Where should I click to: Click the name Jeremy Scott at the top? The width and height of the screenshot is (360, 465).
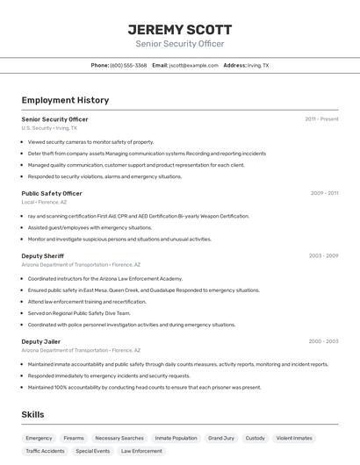[179, 29]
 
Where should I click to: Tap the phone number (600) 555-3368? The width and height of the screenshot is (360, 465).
[128, 65]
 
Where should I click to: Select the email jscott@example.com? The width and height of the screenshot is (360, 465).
[193, 65]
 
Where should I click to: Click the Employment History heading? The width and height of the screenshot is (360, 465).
[65, 100]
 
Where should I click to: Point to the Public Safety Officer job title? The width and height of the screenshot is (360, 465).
[52, 193]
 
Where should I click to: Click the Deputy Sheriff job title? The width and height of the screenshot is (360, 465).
[42, 256]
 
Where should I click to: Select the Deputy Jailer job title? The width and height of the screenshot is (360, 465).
[41, 341]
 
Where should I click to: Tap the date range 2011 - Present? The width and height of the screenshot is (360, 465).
[321, 119]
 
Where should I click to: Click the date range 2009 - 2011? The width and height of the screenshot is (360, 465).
[324, 193]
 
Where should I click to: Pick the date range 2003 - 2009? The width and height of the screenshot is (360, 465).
[323, 256]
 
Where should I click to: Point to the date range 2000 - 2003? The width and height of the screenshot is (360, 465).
[323, 341]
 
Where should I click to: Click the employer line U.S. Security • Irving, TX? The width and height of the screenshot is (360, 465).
[49, 128]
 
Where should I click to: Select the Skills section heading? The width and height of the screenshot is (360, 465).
[33, 414]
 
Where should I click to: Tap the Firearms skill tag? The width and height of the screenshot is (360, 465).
[74, 438]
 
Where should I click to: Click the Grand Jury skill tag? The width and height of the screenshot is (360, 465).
[221, 438]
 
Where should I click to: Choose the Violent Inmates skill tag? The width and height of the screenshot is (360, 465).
[294, 438]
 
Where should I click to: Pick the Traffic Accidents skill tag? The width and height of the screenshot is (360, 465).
[45, 451]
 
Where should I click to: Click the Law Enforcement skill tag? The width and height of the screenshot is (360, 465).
[141, 451]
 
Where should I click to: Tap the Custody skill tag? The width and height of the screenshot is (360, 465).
[255, 438]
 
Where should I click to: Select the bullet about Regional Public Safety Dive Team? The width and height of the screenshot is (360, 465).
[79, 313]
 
